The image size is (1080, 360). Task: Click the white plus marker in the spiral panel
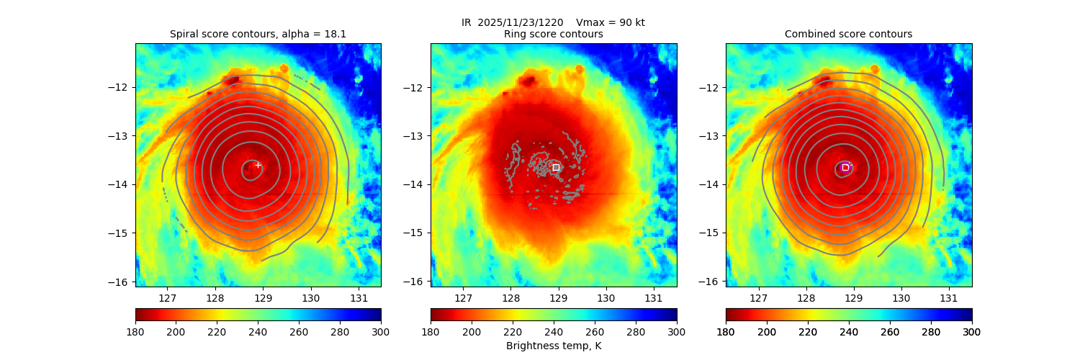258,165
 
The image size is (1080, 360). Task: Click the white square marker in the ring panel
556,167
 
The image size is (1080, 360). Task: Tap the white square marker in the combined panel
845,167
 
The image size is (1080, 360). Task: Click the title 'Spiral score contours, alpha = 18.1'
258,34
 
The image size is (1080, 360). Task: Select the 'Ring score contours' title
554,34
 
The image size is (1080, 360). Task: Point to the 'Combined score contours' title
848,34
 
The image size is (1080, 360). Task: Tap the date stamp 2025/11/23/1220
524,22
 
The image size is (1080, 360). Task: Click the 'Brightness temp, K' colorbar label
554,346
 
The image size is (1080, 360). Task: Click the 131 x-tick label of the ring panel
653,297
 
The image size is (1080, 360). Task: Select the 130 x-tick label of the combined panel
901,297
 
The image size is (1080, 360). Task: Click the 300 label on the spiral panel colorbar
381,331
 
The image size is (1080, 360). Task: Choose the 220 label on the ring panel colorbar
513,331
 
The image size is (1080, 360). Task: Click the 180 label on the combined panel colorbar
726,331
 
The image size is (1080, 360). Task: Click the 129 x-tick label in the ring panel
558,297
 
